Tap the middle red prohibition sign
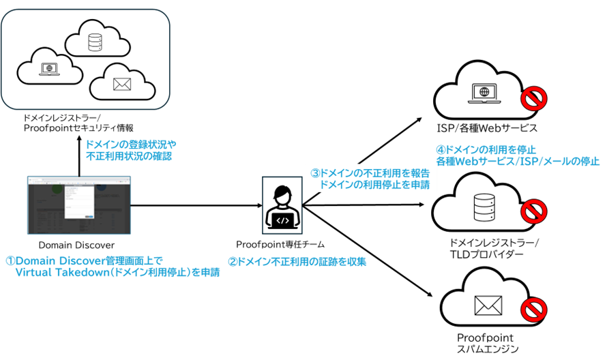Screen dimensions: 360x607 (534, 211)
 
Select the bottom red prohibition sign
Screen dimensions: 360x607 (534, 310)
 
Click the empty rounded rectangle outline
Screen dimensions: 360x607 (85, 59)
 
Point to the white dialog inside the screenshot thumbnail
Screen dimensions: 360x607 (79, 202)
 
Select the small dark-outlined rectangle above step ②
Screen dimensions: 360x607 (282, 205)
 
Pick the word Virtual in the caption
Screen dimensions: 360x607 (31, 273)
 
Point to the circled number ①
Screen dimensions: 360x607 (10, 261)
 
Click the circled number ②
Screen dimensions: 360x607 (232, 262)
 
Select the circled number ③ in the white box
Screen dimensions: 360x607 (314, 174)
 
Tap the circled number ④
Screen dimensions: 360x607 (440, 149)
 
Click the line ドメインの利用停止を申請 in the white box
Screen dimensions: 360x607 (374, 185)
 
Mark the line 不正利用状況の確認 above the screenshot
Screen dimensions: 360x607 (128, 156)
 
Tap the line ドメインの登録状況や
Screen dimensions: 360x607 (130, 145)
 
